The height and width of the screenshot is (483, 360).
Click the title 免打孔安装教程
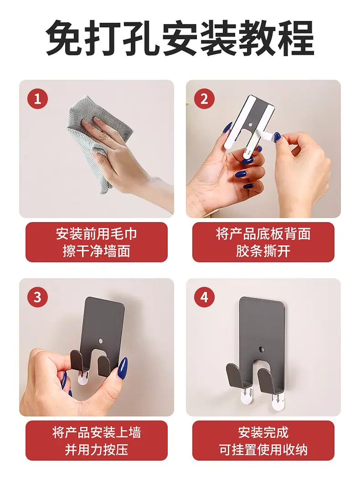(180, 38)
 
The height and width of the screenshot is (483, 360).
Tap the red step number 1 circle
(37, 99)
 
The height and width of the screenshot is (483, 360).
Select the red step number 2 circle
(204, 99)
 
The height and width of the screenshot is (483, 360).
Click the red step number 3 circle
(37, 297)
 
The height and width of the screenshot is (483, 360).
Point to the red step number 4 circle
(204, 297)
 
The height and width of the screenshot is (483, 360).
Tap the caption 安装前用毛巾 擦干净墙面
(96, 243)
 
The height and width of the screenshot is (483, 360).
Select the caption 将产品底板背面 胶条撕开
(263, 243)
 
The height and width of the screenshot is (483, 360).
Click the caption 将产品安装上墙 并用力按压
(96, 441)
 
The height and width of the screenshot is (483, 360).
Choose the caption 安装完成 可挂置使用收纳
(263, 441)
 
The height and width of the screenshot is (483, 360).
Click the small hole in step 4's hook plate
(262, 350)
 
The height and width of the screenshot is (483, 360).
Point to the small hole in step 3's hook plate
(101, 341)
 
